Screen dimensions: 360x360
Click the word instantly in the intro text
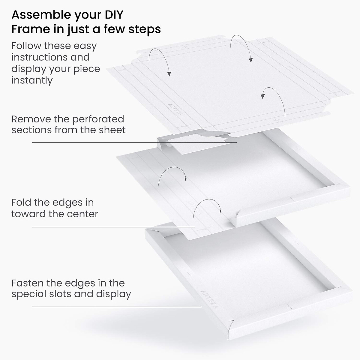click(x=32, y=80)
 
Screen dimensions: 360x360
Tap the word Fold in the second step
click(x=21, y=202)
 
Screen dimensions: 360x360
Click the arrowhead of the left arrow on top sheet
click(x=169, y=74)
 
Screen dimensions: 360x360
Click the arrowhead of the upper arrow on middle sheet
click(x=186, y=179)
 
